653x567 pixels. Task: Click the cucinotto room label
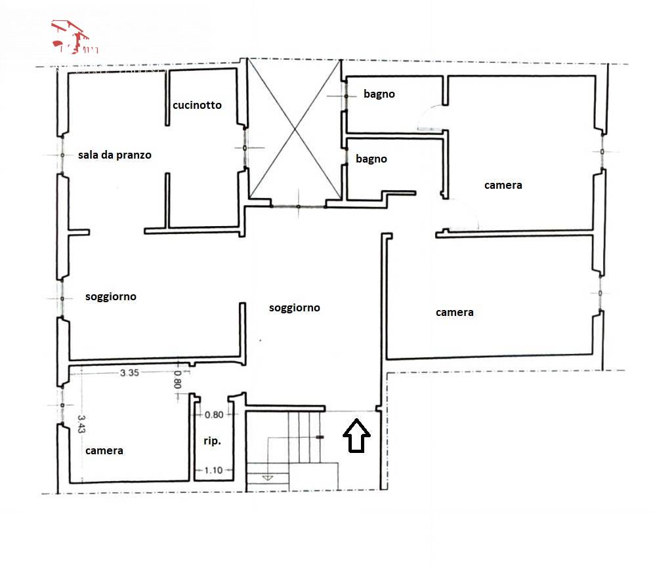tap(197, 105)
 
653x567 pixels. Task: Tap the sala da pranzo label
tap(114, 155)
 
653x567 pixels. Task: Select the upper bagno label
tap(379, 94)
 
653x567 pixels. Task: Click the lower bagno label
tap(371, 159)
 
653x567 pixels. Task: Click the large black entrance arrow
tap(357, 436)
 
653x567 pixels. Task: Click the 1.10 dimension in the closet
tap(214, 469)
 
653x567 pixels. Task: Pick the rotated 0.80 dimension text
tap(177, 380)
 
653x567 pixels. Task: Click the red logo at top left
tap(74, 37)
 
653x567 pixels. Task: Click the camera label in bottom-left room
tap(104, 451)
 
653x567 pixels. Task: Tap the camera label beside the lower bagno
tap(503, 185)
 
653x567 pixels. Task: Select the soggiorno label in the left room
tap(111, 297)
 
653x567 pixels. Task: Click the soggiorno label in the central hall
tap(295, 307)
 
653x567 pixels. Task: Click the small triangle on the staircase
tap(267, 479)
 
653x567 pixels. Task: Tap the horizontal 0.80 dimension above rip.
tap(214, 414)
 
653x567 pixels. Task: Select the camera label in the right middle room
tap(454, 313)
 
